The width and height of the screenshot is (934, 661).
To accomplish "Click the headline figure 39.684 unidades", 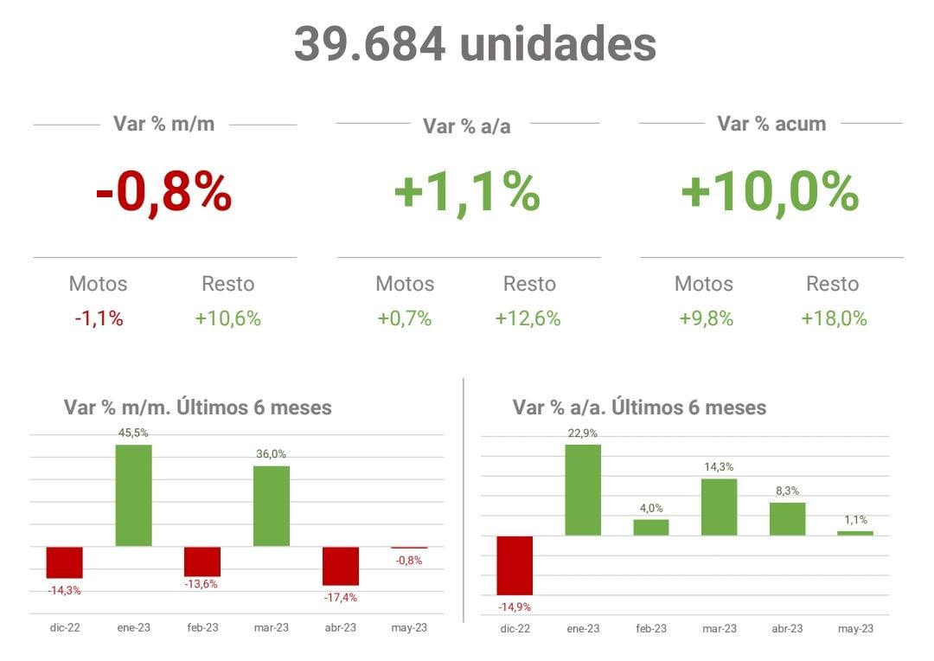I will (475, 43).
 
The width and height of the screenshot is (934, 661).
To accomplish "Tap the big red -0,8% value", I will (163, 192).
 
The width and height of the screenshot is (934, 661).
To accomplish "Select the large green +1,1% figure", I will (467, 192).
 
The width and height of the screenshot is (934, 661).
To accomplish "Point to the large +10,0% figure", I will (770, 192).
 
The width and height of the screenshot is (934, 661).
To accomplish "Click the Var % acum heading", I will (771, 124).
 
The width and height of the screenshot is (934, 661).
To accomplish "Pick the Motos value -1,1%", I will (99, 318).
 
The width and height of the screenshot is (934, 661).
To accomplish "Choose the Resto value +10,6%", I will (227, 318).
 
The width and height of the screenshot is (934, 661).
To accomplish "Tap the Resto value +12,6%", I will (528, 318).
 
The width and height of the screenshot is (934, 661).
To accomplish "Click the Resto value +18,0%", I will (834, 318).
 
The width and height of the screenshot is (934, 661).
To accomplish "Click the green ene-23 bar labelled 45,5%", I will (133, 495).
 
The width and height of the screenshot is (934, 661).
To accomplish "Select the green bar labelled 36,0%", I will (271, 505).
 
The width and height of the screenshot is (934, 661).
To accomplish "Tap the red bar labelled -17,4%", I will (340, 566).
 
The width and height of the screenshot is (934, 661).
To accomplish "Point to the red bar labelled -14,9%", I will (515, 565).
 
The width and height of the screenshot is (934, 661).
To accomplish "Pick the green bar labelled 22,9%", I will (583, 490).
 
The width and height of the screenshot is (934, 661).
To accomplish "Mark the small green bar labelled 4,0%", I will (651, 527).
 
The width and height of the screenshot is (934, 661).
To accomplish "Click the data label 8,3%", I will (788, 490).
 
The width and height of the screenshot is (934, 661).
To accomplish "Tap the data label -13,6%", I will (201, 584).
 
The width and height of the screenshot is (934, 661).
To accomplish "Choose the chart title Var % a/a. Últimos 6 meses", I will (639, 408).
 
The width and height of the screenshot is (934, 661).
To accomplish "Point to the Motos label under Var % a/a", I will (405, 284).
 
